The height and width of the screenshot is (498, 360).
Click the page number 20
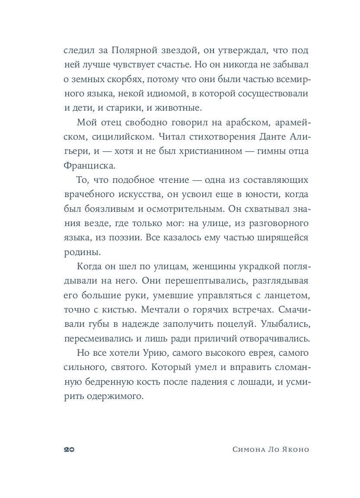coord(69,449)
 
